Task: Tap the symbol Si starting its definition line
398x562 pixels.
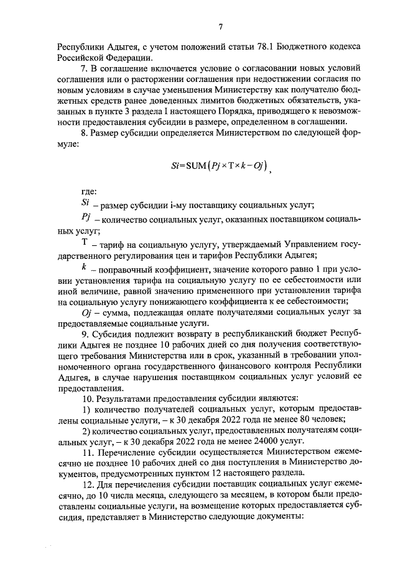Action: [86, 204]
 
